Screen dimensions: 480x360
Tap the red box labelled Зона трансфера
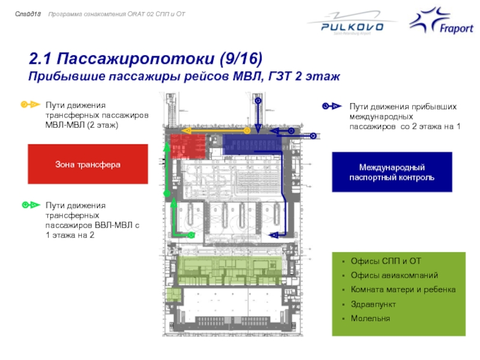88,164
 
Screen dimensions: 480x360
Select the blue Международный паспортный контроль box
392,172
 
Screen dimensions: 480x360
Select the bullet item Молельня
370,318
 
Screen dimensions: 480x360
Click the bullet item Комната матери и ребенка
403,290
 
